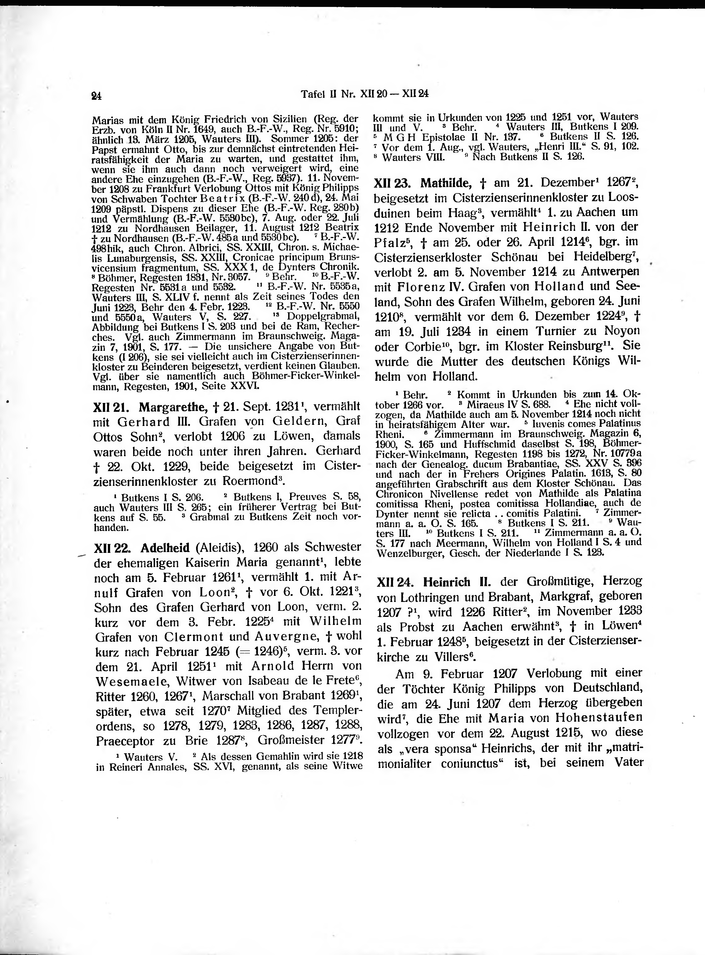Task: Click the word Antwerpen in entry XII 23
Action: (613, 272)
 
